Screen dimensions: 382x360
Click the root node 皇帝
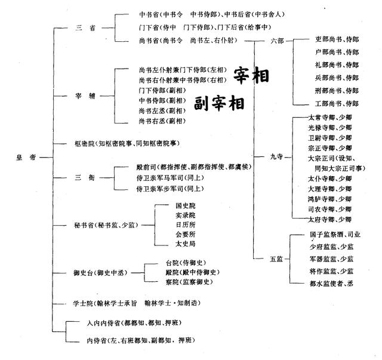[x=26, y=158]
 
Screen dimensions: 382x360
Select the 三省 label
[x=85, y=28]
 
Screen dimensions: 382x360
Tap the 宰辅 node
[x=85, y=96]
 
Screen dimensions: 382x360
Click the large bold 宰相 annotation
[x=251, y=75]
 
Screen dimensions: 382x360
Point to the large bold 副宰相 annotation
[x=219, y=103]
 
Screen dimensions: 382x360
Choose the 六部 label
[x=277, y=41]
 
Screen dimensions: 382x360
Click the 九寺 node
[x=276, y=156]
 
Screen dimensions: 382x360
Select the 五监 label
[x=276, y=259]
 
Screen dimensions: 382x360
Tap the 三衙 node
[x=85, y=177]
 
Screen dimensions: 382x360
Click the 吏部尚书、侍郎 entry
[x=337, y=39]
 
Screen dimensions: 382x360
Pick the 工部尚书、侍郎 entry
[x=337, y=104]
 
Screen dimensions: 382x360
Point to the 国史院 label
[x=186, y=206]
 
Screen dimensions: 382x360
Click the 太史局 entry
[x=186, y=244]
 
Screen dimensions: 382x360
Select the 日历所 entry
[x=186, y=224]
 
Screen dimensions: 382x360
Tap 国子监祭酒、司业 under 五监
[x=335, y=235]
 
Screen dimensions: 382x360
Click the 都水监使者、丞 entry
[x=331, y=284]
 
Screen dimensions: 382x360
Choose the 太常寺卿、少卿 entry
[x=330, y=118]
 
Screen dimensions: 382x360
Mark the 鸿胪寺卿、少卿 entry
[x=330, y=199]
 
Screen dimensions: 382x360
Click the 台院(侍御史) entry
[x=186, y=263]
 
